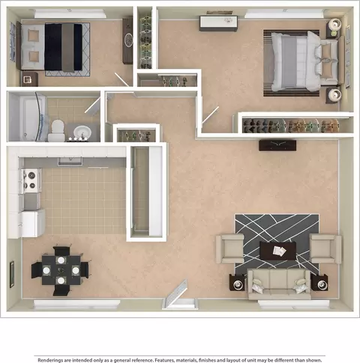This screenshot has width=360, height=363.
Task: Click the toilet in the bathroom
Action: [57, 130]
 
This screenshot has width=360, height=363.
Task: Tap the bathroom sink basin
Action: [82, 131]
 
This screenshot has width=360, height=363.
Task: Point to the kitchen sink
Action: [70, 161]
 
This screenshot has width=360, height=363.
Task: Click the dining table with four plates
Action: [61, 270]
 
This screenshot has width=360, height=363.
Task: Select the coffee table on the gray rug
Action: [277, 250]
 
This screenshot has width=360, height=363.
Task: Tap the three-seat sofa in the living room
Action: [279, 283]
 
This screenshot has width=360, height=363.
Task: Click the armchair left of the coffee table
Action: [230, 248]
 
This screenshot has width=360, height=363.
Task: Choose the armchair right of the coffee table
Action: [325, 248]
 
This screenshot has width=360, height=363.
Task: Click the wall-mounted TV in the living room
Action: [277, 145]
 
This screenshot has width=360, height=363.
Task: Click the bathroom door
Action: [92, 105]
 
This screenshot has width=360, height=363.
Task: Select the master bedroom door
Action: [210, 115]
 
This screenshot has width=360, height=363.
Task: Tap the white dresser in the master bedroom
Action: [218, 23]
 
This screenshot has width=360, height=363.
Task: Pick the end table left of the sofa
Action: [237, 283]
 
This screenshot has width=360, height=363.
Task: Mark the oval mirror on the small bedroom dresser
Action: [128, 40]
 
